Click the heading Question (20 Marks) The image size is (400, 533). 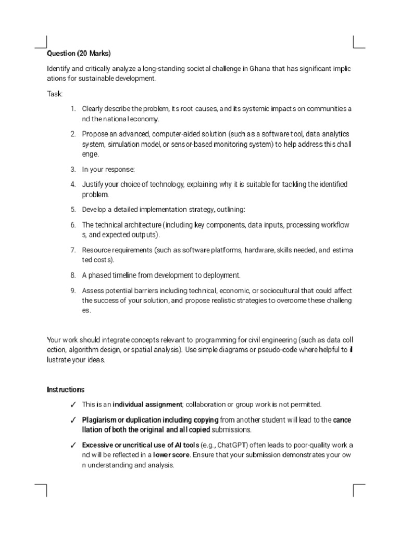[x=79, y=54]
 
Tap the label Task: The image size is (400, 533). [x=55, y=94]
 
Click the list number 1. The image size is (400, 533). [x=73, y=109]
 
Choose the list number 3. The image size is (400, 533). [x=73, y=169]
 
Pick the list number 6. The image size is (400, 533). [x=73, y=225]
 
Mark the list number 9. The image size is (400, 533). [x=73, y=290]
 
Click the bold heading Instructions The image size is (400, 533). [x=66, y=389]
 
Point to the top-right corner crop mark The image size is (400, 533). [x=359, y=42]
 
